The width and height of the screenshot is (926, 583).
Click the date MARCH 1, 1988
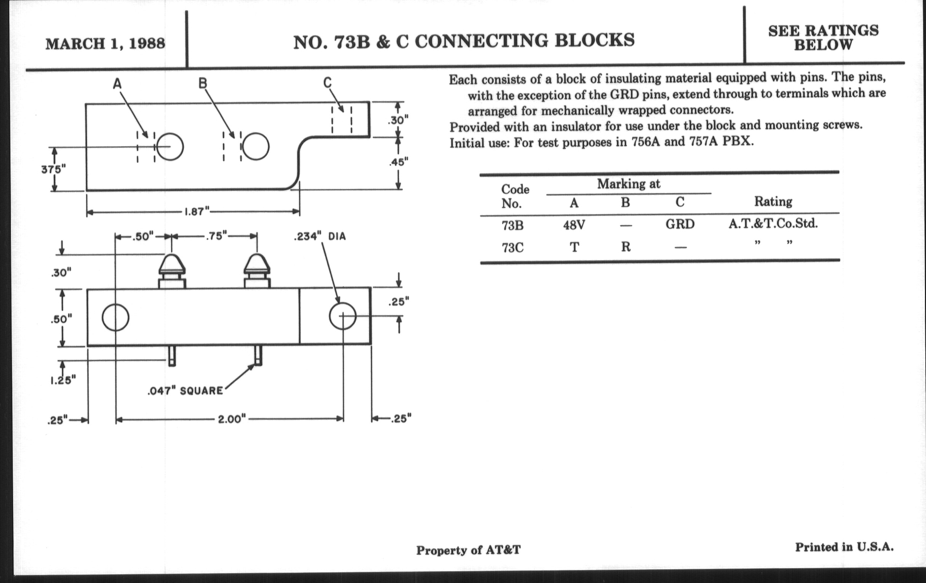pos(105,43)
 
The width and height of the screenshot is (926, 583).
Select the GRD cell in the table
pos(680,224)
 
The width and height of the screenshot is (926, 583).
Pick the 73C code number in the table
pos(512,247)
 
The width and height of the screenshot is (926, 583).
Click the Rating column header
pos(773,202)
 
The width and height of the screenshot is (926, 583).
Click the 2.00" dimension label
pos(232,419)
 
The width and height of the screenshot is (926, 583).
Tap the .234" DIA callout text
pos(319,237)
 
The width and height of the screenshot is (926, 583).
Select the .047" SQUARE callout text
pos(185,391)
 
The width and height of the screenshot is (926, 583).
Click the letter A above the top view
pos(117,83)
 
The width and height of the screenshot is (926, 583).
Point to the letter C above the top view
pos(327,82)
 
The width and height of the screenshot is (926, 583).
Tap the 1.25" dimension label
pos(63,380)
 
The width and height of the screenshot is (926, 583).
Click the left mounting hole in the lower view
pos(115,317)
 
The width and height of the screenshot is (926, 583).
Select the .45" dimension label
pos(398,162)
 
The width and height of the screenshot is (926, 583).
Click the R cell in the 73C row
pos(626,247)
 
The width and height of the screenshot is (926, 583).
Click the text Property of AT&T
pos(468,550)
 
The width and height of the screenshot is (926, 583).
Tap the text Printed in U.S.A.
pos(844,547)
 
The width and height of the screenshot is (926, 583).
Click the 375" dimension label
pos(53,169)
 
